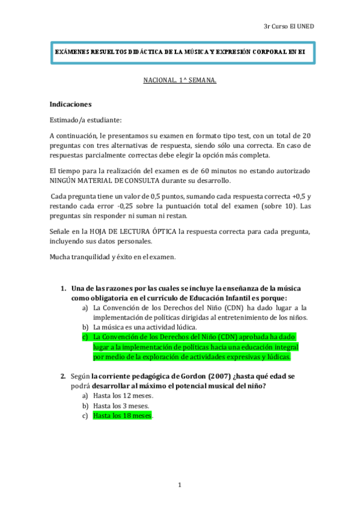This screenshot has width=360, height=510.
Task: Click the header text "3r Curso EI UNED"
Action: (x=288, y=26)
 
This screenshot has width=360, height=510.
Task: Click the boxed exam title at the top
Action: (x=179, y=52)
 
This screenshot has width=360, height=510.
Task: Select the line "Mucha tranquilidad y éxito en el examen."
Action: (x=112, y=257)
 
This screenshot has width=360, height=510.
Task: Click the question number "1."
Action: (x=63, y=289)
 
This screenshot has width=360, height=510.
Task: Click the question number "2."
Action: (x=63, y=376)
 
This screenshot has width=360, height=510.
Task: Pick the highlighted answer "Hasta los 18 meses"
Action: (x=122, y=416)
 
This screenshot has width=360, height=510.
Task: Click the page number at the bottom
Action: (x=180, y=485)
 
